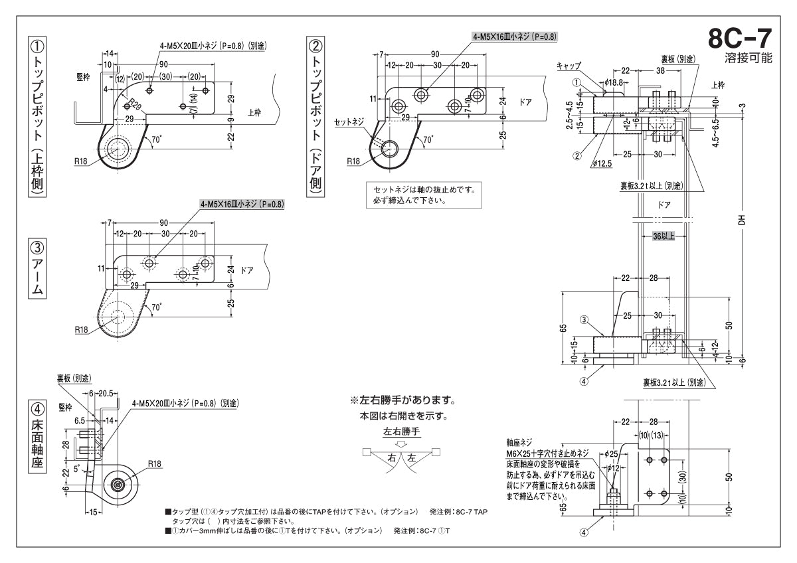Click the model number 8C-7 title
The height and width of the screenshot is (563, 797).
[739, 39]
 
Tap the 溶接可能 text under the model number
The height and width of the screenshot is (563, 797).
[749, 58]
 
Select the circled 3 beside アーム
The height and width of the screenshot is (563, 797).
[38, 248]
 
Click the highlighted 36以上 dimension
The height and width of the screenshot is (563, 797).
[664, 236]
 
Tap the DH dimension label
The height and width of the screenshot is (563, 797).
[742, 219]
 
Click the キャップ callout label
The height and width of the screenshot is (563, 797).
[569, 66]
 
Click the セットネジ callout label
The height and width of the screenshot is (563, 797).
[349, 122]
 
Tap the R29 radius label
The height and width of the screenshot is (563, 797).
[134, 104]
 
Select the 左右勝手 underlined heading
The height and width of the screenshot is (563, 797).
[402, 431]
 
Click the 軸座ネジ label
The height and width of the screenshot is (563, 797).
[519, 442]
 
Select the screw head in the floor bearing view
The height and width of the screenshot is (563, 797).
[118, 485]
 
